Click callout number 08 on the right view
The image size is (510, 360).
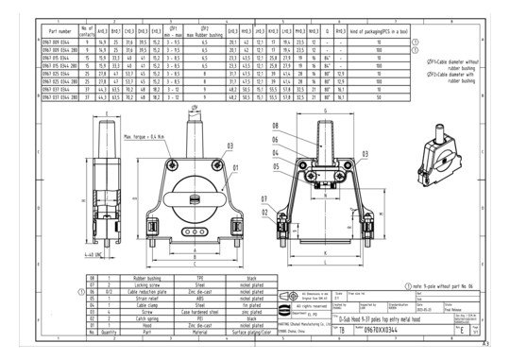pos(276,125)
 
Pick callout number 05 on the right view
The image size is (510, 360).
pos(276,165)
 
